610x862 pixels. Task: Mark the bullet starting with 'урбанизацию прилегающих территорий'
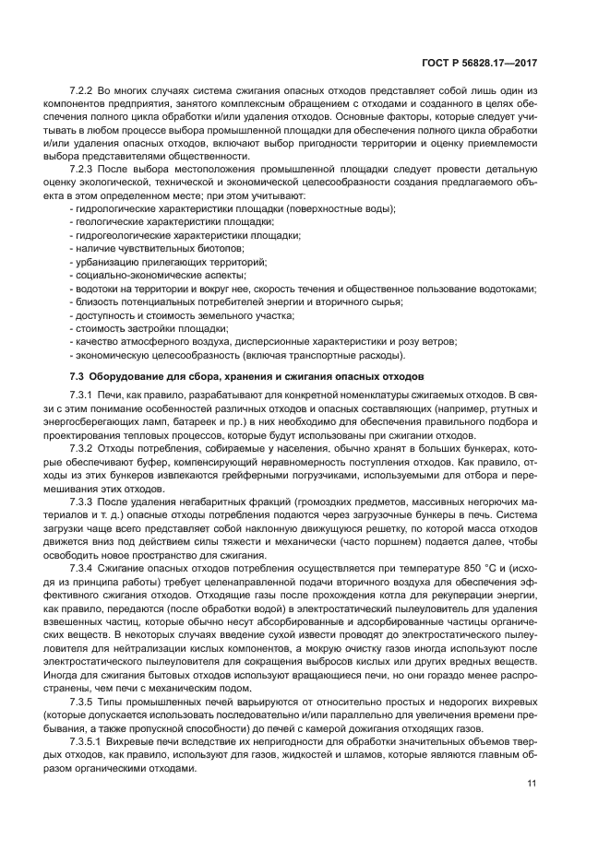point(168,262)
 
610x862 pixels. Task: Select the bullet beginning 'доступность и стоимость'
point(183,314)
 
